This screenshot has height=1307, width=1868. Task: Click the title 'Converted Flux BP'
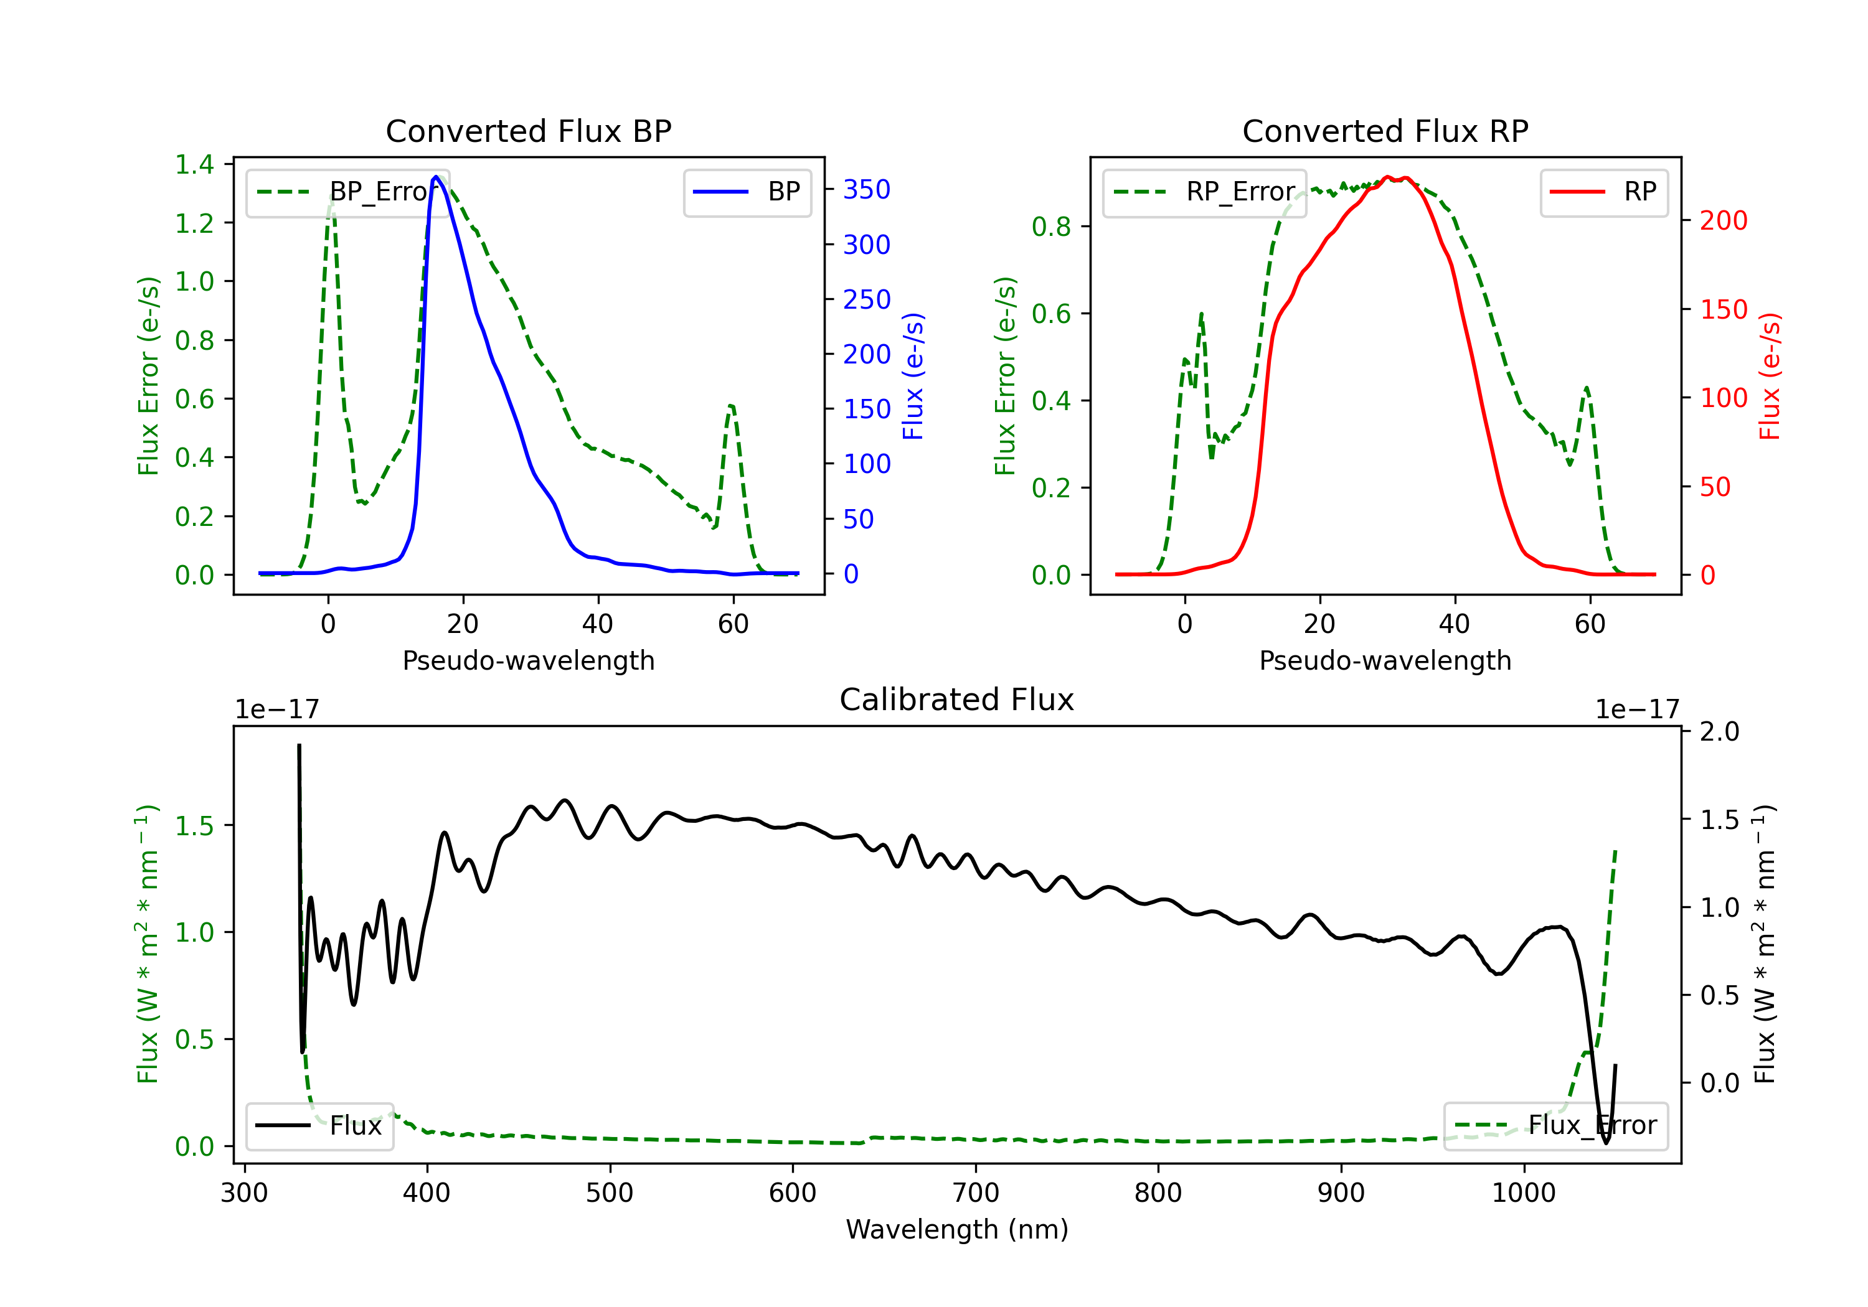tap(528, 131)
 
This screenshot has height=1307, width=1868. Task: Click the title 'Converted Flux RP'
tap(1385, 131)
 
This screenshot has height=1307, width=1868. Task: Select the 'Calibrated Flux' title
tap(957, 700)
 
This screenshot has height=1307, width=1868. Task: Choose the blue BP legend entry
tap(747, 192)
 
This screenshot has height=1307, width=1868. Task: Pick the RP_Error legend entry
tap(1204, 192)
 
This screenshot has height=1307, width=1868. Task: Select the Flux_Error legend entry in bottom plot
tap(1555, 1126)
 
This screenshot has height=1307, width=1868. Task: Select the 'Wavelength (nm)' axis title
tap(957, 1229)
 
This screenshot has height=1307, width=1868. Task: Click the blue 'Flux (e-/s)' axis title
tap(913, 376)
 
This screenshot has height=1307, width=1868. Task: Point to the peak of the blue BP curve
tap(436, 177)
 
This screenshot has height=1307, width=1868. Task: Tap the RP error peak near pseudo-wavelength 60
tap(1587, 388)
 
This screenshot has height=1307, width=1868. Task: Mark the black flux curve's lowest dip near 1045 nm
tap(1606, 1143)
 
